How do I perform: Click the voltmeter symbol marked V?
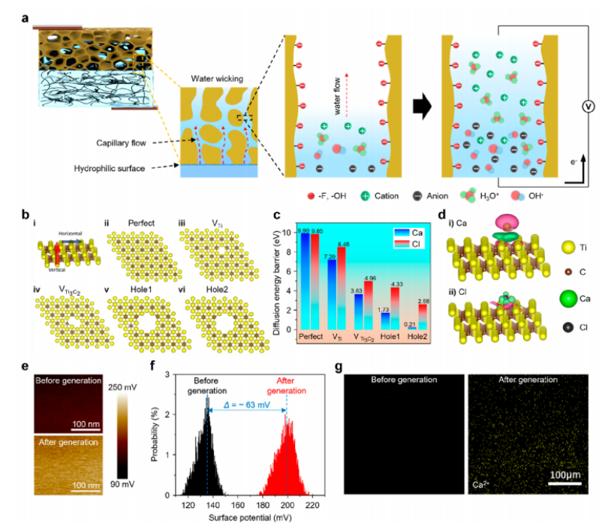coord(588,107)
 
